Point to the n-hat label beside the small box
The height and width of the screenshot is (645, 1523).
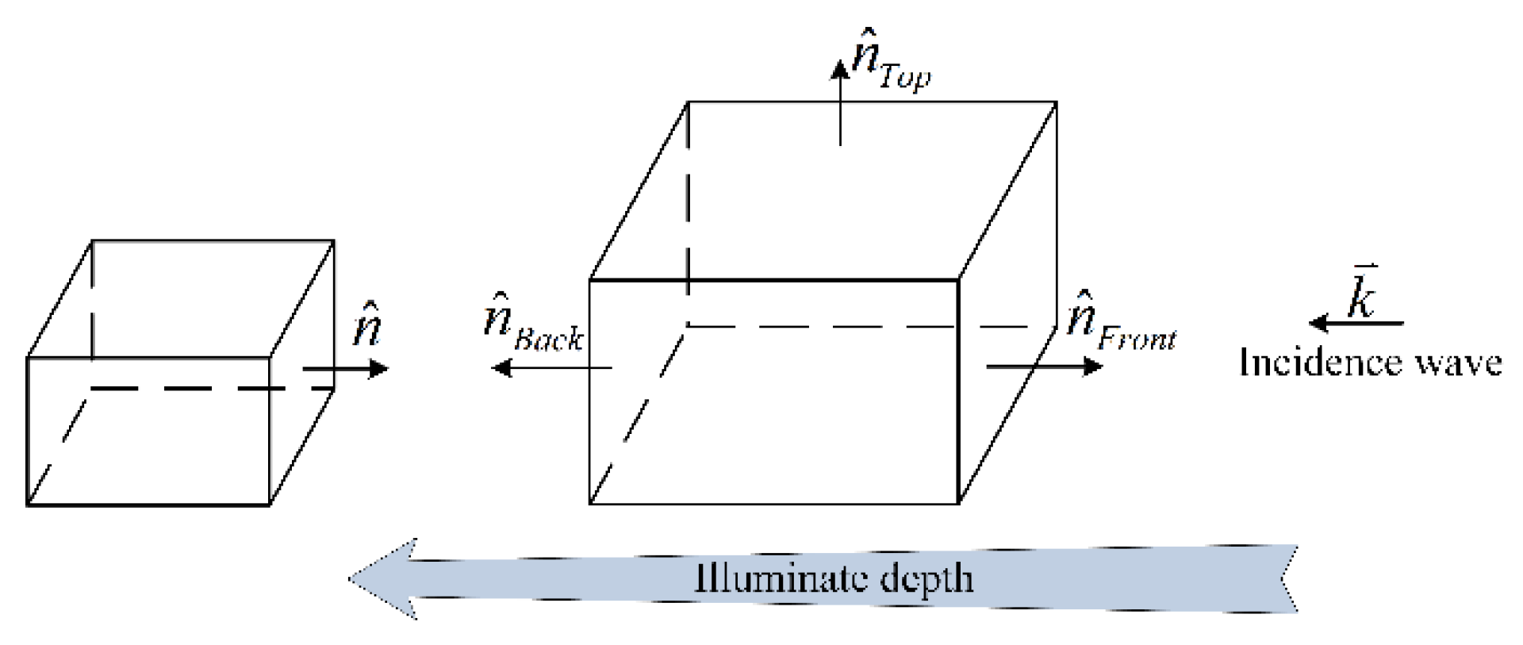pos(366,324)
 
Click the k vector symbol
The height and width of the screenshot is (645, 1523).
pos(1363,294)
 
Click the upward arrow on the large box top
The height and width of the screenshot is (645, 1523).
pos(840,103)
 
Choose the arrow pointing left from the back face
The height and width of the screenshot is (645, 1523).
pos(551,367)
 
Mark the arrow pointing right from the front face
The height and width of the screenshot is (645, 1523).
pos(1044,366)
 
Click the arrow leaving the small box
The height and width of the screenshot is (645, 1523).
pos(345,368)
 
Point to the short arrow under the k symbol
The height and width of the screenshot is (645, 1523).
pos(1356,323)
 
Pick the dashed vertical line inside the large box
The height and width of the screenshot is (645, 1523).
pos(687,214)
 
